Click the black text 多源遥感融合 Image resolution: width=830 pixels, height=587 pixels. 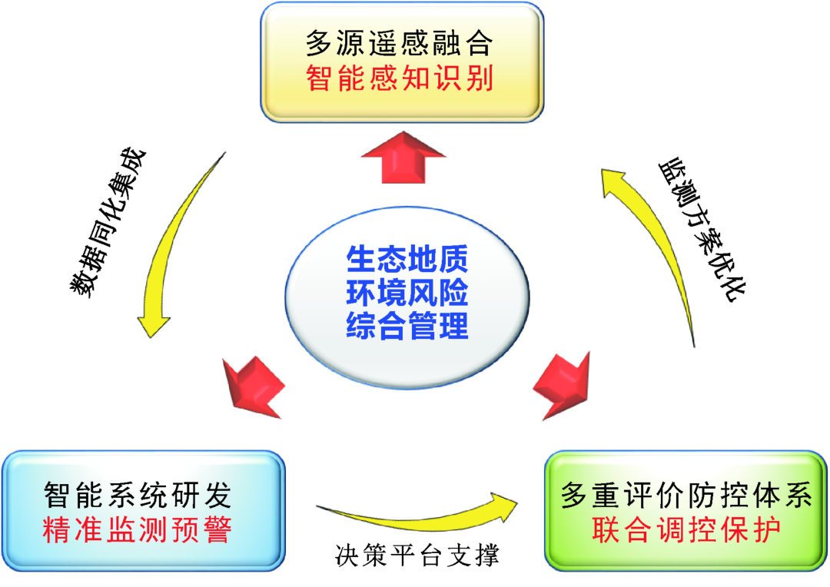coord(398,43)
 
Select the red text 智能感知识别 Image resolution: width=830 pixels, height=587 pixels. coord(398,78)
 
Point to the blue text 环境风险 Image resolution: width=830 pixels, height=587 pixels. coord(407,293)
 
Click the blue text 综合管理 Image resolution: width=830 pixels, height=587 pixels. coord(407,327)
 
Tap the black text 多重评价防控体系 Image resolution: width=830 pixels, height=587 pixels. coord(686,495)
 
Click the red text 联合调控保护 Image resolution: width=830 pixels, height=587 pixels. coord(686,530)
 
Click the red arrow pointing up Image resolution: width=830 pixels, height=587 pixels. coord(403,157)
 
